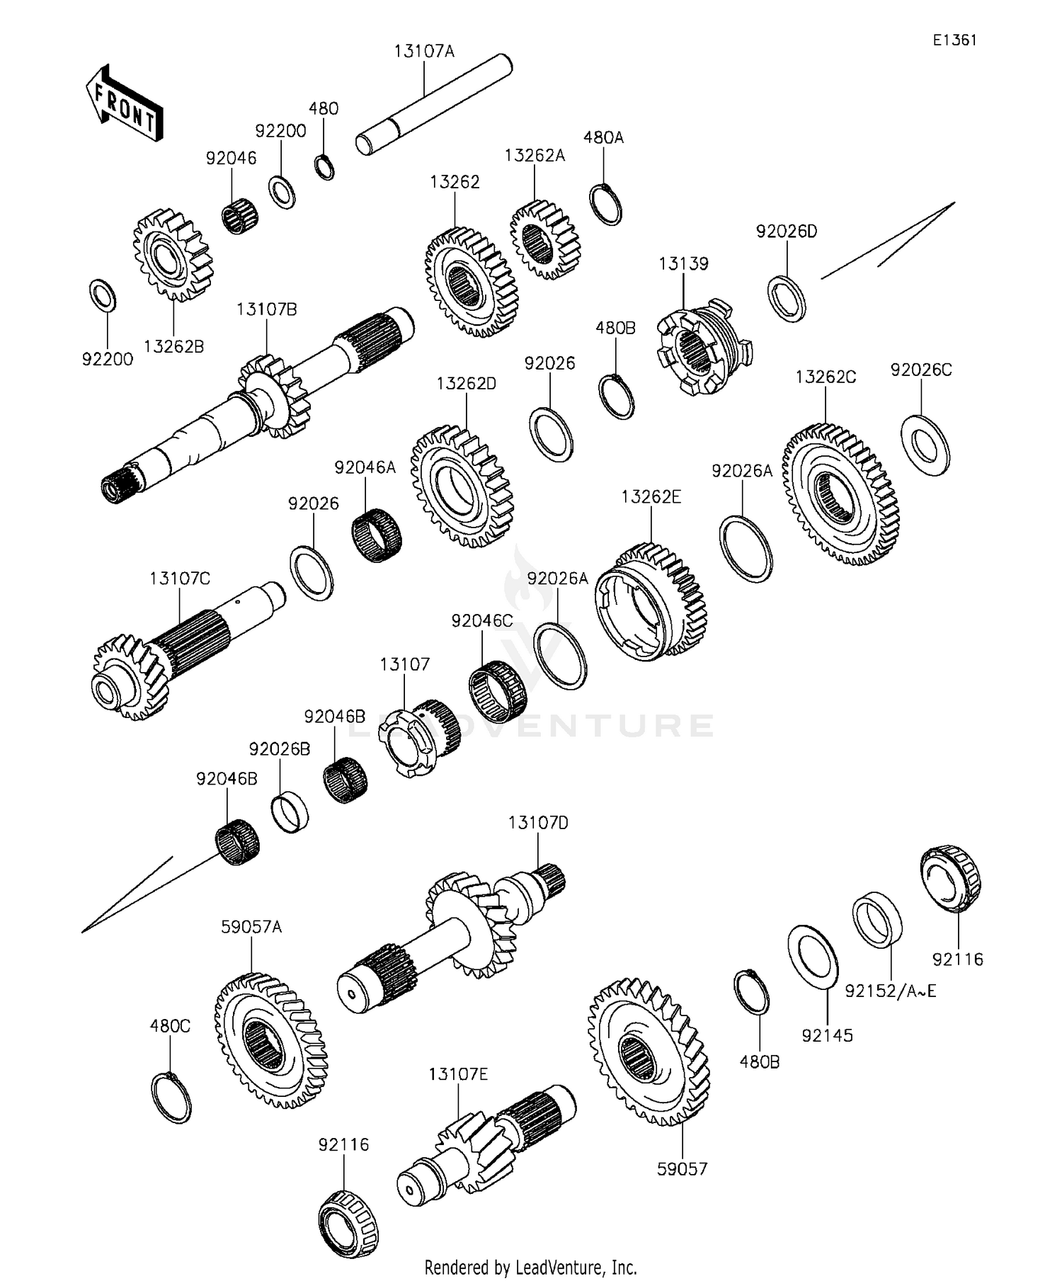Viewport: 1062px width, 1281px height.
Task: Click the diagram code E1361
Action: pos(954,40)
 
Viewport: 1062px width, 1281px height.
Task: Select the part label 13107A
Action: pos(424,51)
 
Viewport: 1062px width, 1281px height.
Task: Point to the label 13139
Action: pos(683,263)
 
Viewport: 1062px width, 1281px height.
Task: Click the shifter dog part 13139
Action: pos(704,347)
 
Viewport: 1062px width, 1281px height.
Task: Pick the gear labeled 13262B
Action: pos(173,255)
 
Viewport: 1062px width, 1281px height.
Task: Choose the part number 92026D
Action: pos(787,232)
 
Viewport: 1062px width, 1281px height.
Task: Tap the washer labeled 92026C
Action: pos(925,445)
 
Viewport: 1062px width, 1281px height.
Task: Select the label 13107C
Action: pos(180,579)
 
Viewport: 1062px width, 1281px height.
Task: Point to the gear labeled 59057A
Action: pos(271,1040)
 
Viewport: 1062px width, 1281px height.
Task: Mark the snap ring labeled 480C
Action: pos(172,1098)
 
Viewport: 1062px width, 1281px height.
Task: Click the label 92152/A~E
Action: pos(891,991)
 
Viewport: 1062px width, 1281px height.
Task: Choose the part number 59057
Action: pos(683,1169)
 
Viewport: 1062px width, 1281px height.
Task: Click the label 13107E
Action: pos(458,1074)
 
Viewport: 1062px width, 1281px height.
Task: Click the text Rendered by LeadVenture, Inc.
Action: pos(531,1267)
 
